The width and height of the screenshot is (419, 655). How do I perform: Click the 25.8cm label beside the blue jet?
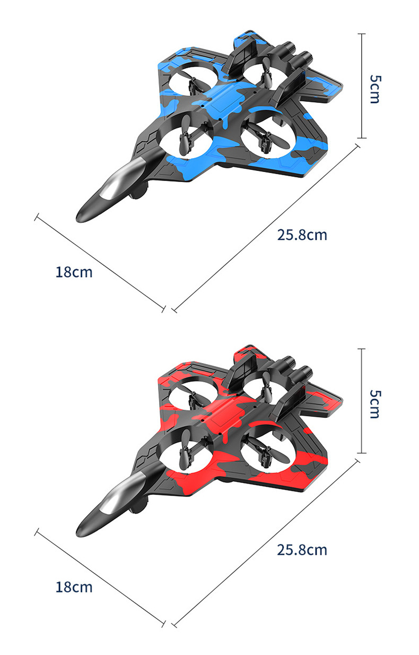tap(302, 235)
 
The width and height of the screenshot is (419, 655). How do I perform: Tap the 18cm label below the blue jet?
tap(74, 272)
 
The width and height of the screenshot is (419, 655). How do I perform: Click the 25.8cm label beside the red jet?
tap(302, 550)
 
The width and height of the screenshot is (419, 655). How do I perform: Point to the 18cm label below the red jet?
tap(74, 587)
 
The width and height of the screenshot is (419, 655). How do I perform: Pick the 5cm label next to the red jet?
tap(375, 404)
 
